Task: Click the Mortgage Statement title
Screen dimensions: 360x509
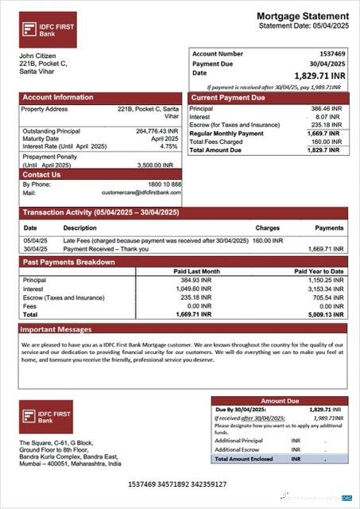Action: point(302,16)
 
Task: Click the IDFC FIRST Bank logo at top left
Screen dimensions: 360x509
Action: point(48,29)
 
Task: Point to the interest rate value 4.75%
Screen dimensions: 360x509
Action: point(168,146)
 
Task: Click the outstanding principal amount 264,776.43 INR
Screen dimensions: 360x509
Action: point(157,131)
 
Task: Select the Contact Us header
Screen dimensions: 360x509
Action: point(42,174)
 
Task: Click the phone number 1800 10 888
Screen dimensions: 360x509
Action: point(165,185)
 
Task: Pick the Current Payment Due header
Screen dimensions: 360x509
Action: point(227,98)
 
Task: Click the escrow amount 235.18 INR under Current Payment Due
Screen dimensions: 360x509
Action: point(324,125)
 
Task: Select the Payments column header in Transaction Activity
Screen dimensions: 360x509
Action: point(329,227)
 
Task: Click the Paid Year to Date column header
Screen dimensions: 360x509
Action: point(319,271)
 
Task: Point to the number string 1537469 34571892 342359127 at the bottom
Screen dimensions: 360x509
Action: point(177,484)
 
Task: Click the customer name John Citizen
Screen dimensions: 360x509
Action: point(37,56)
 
